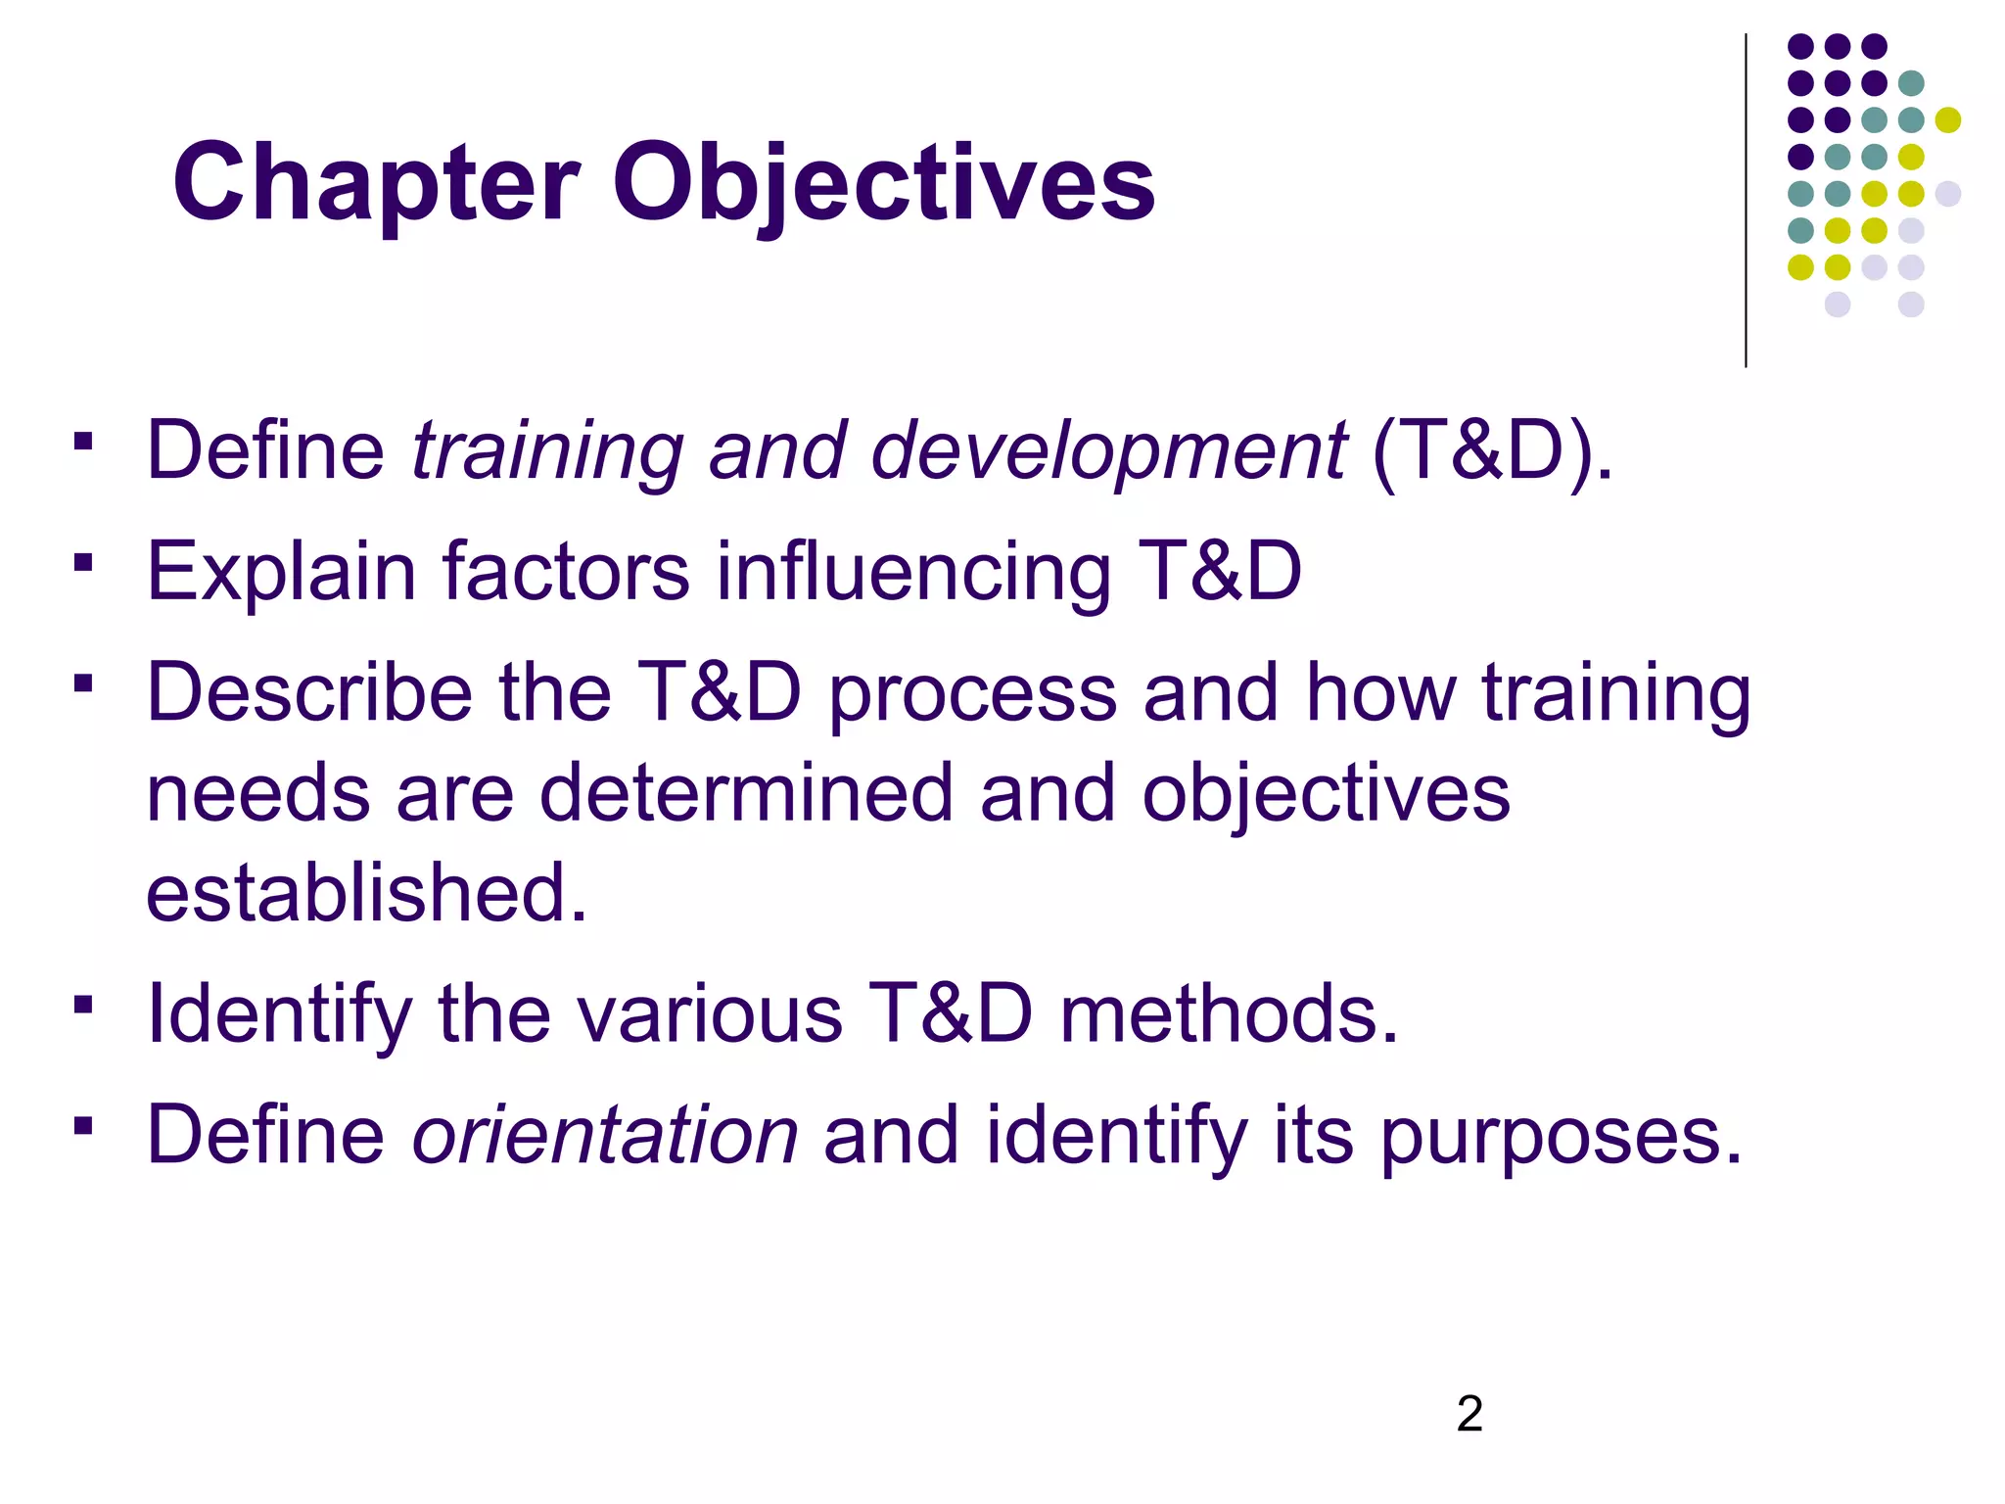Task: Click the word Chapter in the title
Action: pyautogui.click(x=376, y=184)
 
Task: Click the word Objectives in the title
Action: pyautogui.click(x=884, y=184)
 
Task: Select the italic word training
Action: pyautogui.click(x=546, y=452)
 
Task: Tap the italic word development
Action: pyautogui.click(x=1108, y=452)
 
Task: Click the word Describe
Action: pyautogui.click(x=309, y=692)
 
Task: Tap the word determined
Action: pyautogui.click(x=746, y=793)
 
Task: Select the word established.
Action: pyautogui.click(x=366, y=893)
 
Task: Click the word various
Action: pyautogui.click(x=710, y=1013)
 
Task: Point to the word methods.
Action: pyautogui.click(x=1230, y=1013)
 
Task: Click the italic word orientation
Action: pyautogui.click(x=605, y=1135)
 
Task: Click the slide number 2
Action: pyautogui.click(x=1469, y=1414)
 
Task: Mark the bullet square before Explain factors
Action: pyautogui.click(x=83, y=563)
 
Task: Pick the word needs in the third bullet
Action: pyautogui.click(x=257, y=793)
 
